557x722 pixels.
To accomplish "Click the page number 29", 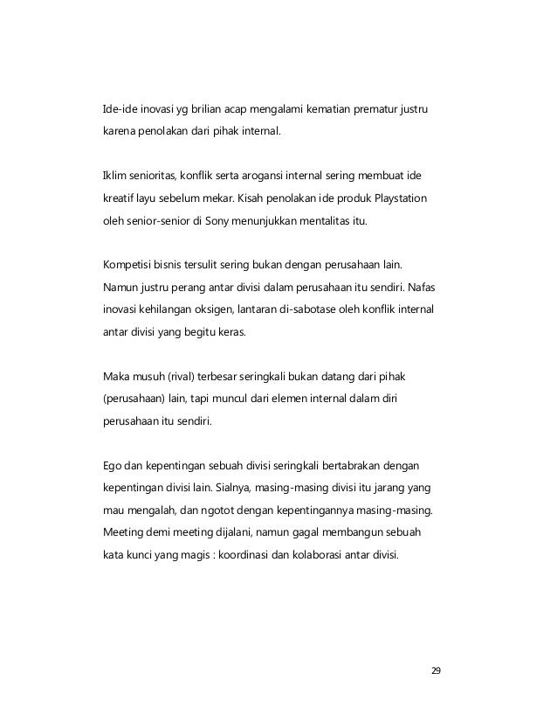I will pos(437,671).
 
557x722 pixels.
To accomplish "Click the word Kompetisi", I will pos(124,262).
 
